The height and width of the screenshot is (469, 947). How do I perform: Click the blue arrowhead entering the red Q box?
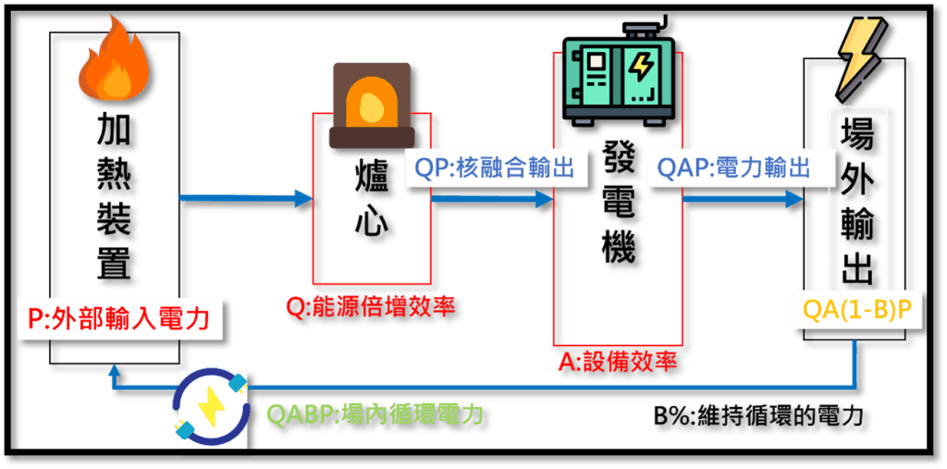(x=302, y=198)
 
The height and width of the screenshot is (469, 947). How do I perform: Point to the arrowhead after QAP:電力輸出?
(x=793, y=198)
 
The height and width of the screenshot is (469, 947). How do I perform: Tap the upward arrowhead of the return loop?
(x=113, y=371)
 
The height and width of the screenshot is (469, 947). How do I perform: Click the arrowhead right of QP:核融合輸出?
(x=544, y=198)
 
